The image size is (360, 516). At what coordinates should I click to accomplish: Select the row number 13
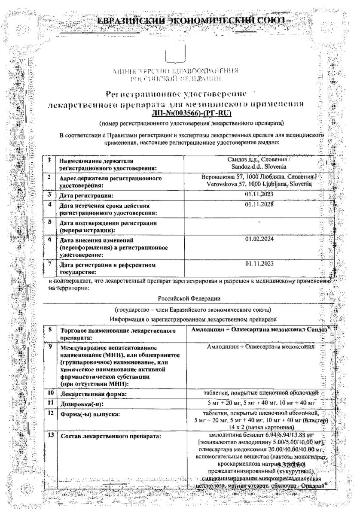click(x=51, y=436)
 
